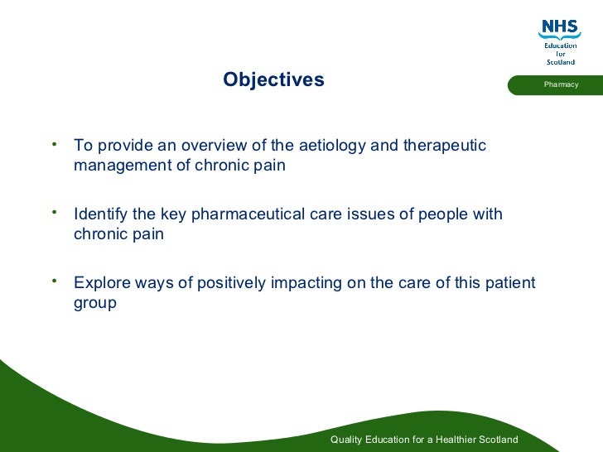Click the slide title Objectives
(273, 80)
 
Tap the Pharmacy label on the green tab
(561, 85)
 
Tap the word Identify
(101, 215)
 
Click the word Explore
(102, 284)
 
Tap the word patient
(509, 284)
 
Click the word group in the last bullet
(95, 303)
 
